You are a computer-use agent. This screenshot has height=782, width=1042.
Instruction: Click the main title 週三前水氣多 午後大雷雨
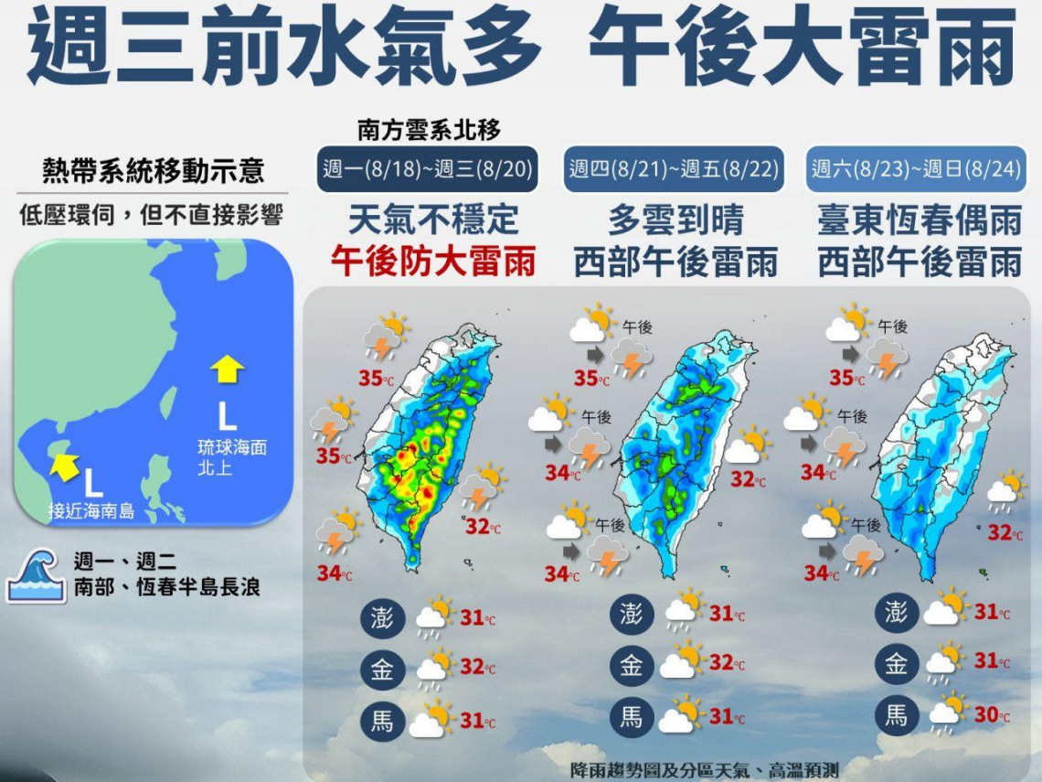521,48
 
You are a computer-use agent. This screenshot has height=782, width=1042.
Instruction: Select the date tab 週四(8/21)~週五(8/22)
675,169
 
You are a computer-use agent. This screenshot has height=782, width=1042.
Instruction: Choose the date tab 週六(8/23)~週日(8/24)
917,169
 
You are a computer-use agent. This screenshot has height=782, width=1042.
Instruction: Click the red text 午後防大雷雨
433,262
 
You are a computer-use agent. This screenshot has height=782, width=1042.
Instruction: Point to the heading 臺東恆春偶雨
919,220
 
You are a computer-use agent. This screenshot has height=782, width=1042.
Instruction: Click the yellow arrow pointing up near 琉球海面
227,369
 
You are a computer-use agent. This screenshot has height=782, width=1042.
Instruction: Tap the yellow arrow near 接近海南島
63,465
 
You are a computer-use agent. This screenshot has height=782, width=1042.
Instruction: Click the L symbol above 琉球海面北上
226,418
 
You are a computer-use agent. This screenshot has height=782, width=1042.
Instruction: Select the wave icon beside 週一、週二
36,575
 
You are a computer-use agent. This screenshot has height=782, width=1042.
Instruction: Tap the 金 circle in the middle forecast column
632,665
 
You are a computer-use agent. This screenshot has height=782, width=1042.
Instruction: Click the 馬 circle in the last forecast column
895,715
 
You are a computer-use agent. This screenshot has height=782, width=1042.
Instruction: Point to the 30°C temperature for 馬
991,715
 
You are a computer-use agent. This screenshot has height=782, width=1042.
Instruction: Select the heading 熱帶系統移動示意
153,171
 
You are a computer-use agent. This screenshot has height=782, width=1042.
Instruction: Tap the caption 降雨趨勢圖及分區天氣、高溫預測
703,769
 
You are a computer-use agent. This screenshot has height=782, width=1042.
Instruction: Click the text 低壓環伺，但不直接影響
151,216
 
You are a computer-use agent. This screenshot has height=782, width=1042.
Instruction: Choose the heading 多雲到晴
675,220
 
